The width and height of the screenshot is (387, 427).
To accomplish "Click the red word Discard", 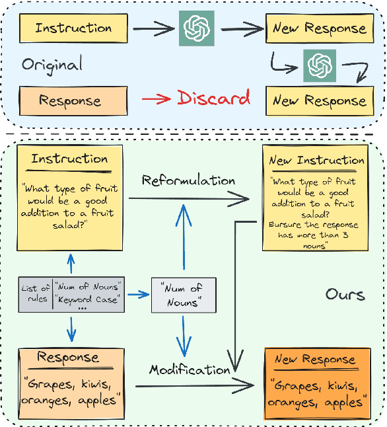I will (x=213, y=98).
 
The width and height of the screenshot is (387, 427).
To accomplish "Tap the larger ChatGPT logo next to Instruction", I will (x=197, y=29).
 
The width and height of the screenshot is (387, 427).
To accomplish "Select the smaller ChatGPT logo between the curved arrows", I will (x=319, y=65).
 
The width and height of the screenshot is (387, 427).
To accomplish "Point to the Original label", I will (x=52, y=65).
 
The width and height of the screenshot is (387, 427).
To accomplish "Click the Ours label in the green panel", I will (x=345, y=294).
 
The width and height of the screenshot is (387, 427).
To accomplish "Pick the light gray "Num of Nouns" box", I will (x=184, y=295).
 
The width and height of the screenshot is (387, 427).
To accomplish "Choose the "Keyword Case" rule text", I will (x=88, y=299).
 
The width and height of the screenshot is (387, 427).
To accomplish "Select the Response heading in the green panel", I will (x=69, y=358).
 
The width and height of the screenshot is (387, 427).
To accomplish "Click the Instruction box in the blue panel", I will (x=73, y=28).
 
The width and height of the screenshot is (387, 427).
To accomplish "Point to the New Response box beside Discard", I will (x=319, y=101).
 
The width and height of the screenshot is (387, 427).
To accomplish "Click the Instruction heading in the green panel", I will (x=69, y=159).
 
